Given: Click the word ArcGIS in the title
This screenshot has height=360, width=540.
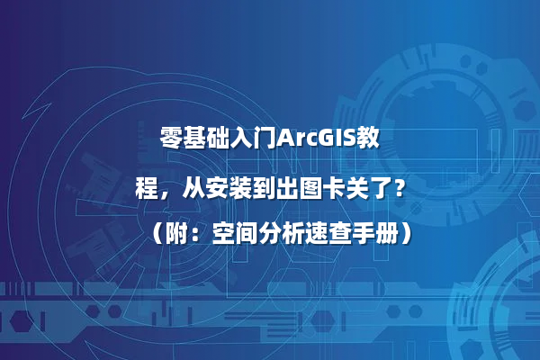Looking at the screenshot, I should [x=317, y=139].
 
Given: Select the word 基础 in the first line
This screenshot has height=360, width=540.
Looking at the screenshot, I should [x=208, y=139].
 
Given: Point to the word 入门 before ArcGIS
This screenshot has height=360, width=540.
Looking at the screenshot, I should [x=256, y=139].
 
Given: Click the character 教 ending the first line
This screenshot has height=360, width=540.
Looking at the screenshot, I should [x=367, y=139].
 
